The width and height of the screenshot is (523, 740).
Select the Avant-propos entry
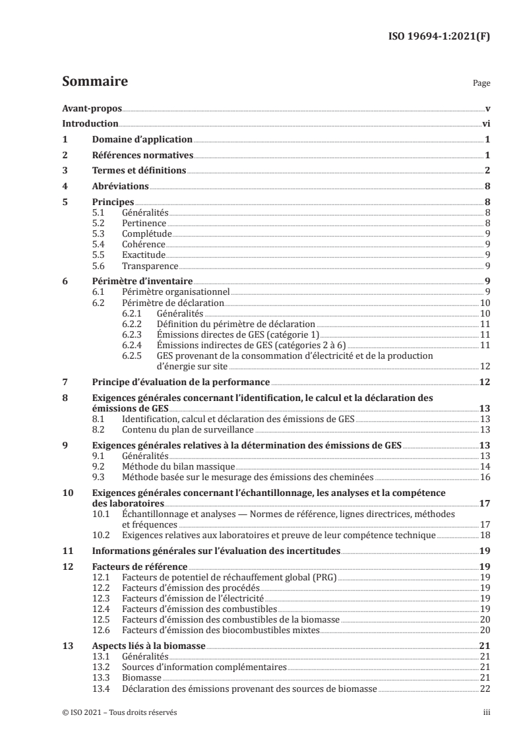pyautogui.click(x=92, y=108)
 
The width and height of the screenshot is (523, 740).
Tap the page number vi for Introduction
pyautogui.click(x=485, y=123)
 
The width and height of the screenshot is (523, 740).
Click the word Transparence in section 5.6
pyautogui.click(x=150, y=266)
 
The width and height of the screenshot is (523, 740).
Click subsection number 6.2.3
pyautogui.click(x=133, y=335)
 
